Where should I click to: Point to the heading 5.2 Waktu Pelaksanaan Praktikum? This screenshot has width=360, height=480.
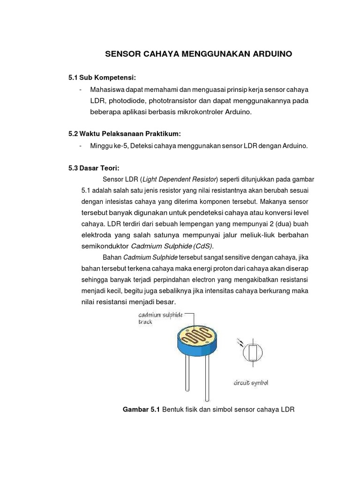(124, 134)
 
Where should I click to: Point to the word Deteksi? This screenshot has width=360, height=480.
(144, 146)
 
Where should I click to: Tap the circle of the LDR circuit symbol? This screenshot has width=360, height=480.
(252, 353)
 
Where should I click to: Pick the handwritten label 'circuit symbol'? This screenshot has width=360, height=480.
(251, 383)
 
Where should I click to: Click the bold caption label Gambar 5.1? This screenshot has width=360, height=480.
(141, 410)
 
